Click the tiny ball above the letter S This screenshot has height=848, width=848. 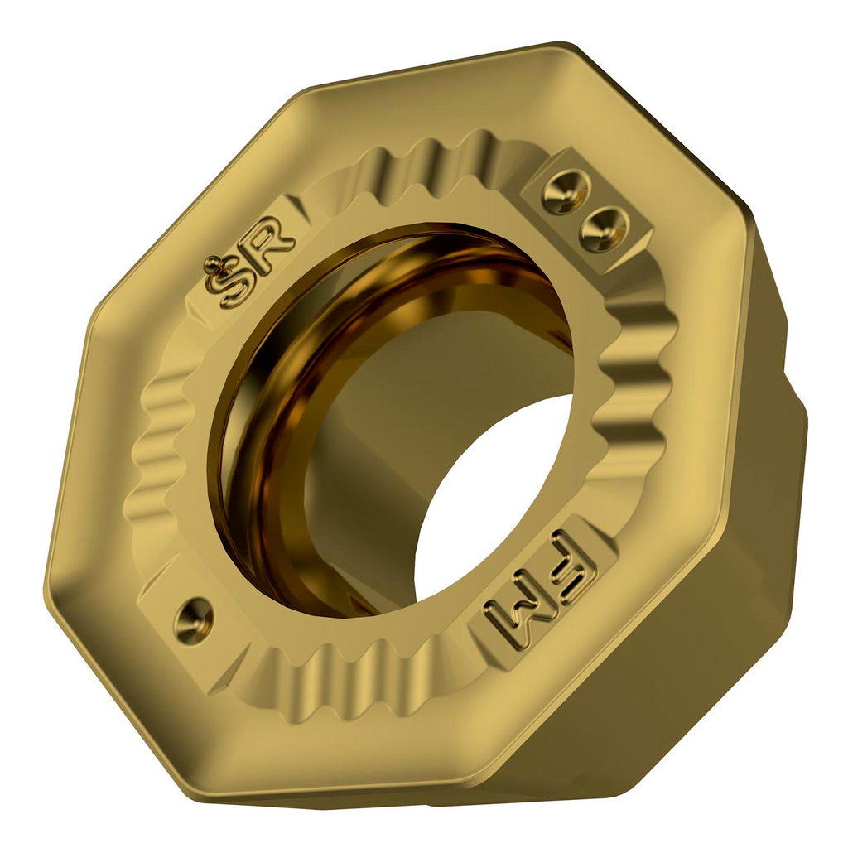[214, 264]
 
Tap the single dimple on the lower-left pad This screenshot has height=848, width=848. [193, 618]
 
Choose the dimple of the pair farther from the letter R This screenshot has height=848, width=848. [602, 228]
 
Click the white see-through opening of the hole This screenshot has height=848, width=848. [489, 497]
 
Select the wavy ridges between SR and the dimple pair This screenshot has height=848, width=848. [431, 166]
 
